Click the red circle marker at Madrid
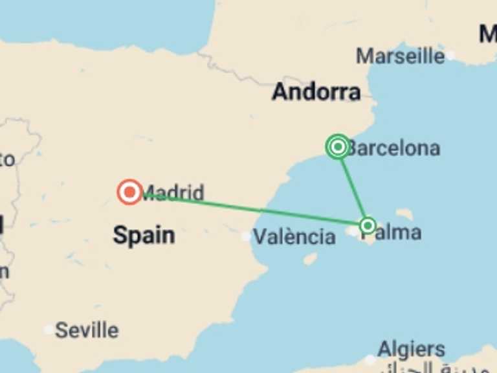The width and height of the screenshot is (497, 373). point(130,192)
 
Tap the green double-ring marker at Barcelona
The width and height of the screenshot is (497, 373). point(338,147)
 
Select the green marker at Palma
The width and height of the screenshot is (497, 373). point(368,225)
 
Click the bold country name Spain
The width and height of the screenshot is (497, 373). point(144,234)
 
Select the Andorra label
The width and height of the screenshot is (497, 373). point(316,92)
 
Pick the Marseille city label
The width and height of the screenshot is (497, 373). point(400,56)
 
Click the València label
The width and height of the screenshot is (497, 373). point(294,237)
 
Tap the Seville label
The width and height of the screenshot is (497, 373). point(87,330)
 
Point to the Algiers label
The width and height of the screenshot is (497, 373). point(412,349)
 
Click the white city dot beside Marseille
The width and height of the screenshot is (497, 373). point(450,56)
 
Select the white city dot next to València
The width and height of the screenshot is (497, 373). point(246,237)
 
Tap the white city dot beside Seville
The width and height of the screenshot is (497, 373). point(49,330)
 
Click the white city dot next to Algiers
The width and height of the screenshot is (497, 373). point(370,359)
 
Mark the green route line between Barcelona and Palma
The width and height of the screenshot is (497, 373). point(353,188)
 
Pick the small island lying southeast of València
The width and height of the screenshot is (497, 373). point(310,258)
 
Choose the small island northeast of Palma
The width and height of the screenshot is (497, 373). point(405,214)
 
